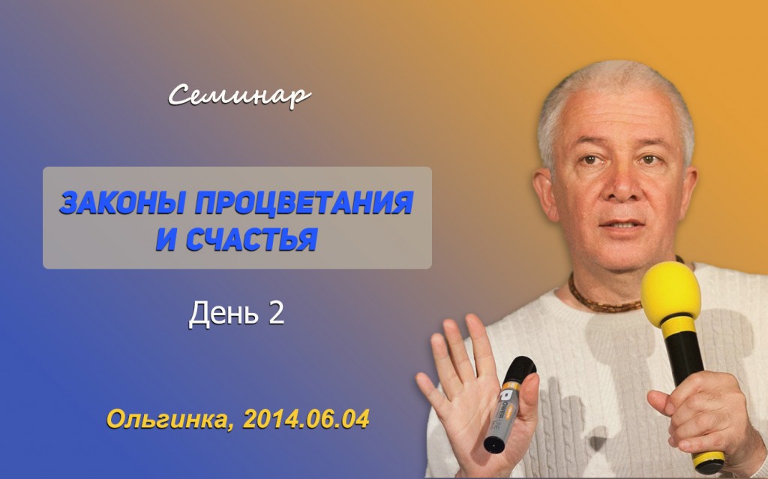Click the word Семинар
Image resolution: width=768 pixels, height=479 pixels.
(239, 95)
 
